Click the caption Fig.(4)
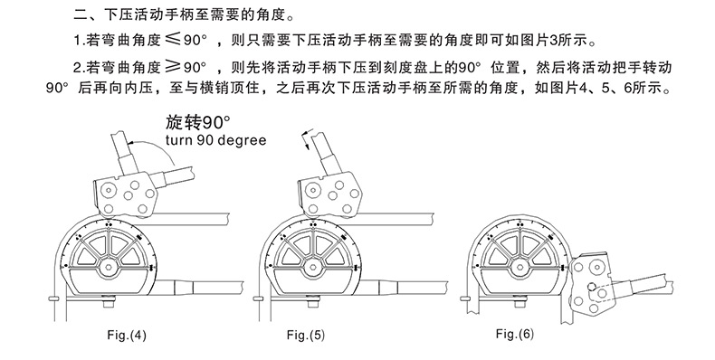pyautogui.click(x=127, y=336)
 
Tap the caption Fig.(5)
pyautogui.click(x=306, y=336)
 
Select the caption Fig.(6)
pyautogui.click(x=515, y=334)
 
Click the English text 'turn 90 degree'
pyautogui.click(x=215, y=139)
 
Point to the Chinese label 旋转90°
pyautogui.click(x=197, y=122)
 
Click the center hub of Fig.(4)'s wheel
pyautogui.click(x=108, y=268)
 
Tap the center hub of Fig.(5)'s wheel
pyautogui.click(x=314, y=268)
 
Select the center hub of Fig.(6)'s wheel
pyautogui.click(x=520, y=268)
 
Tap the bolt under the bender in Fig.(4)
pyautogui.click(x=108, y=302)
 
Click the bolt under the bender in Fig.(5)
pyautogui.click(x=313, y=302)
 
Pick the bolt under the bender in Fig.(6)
pyautogui.click(x=520, y=302)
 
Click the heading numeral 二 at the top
pyautogui.click(x=81, y=15)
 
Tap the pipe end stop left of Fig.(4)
pyautogui.click(x=53, y=298)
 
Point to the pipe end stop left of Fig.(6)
pyautogui.click(x=465, y=298)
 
